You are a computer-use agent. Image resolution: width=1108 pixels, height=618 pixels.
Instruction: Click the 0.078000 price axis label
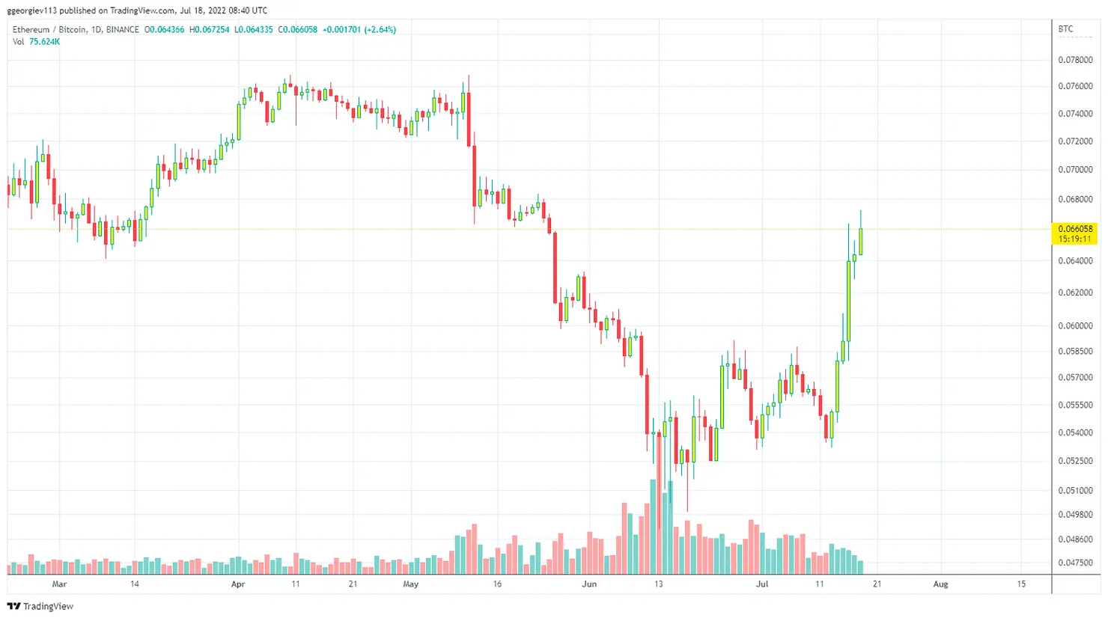(1075, 60)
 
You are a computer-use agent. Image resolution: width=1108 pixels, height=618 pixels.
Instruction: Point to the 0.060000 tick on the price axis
(1075, 326)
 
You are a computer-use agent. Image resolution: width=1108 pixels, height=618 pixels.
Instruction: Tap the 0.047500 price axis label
(1075, 563)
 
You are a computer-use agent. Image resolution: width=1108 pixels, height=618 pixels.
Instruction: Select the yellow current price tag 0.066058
(1075, 229)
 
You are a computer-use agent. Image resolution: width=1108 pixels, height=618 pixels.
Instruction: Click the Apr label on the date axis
(238, 584)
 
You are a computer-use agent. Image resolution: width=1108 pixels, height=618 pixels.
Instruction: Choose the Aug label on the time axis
(940, 584)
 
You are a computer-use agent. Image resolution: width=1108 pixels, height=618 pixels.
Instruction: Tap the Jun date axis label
(589, 584)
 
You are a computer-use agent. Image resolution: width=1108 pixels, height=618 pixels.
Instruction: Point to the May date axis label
(410, 584)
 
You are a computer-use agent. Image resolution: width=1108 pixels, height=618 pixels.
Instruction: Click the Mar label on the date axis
(59, 584)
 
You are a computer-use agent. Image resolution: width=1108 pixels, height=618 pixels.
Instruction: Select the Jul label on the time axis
(762, 584)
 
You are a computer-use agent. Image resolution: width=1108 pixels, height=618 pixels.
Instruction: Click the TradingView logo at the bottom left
(40, 606)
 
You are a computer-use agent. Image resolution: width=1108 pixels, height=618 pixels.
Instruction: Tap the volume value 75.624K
(44, 42)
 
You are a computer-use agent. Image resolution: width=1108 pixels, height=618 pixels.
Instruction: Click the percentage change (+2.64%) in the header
(380, 30)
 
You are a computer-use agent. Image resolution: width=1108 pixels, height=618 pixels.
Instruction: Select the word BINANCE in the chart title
(122, 30)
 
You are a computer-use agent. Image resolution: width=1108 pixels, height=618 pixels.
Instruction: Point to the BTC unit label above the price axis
(1065, 29)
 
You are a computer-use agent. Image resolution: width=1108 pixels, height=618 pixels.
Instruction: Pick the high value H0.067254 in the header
(209, 30)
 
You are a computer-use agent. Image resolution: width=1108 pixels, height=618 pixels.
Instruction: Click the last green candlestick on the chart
(861, 241)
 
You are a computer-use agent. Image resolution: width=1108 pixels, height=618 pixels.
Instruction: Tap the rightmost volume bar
(861, 566)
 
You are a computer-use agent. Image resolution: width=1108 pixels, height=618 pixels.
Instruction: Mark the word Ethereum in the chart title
(31, 30)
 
